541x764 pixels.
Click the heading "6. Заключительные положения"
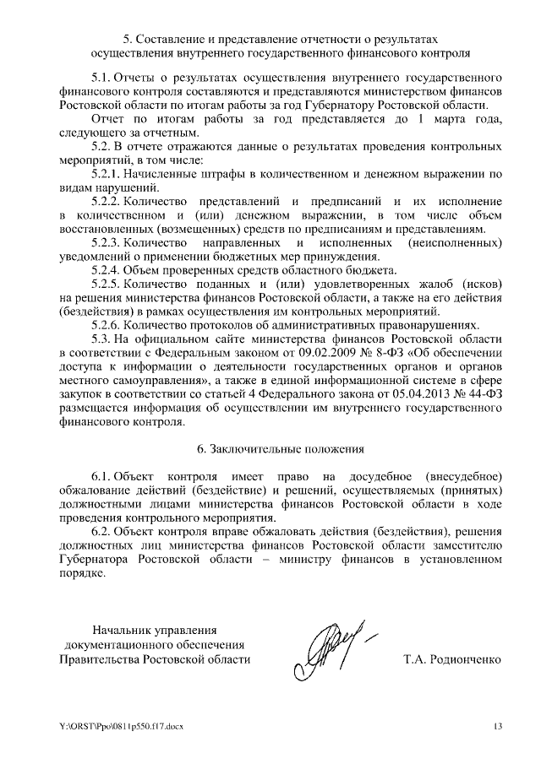[x=270, y=447]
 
